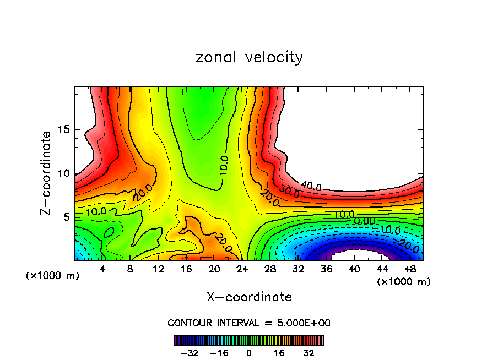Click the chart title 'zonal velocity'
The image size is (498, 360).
249,57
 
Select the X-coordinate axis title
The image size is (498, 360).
249,297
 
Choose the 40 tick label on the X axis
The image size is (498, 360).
353,269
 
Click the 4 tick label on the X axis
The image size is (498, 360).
102,269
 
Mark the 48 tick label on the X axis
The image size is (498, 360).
410,269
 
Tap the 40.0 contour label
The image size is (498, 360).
311,186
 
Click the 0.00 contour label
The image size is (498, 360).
365,221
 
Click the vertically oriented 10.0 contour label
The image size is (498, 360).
223,165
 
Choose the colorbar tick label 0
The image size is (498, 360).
249,353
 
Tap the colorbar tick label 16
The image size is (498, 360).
279,353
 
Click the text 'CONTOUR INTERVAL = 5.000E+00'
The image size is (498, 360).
249,323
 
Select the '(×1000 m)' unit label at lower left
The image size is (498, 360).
52,275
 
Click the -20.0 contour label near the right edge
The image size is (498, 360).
409,247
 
